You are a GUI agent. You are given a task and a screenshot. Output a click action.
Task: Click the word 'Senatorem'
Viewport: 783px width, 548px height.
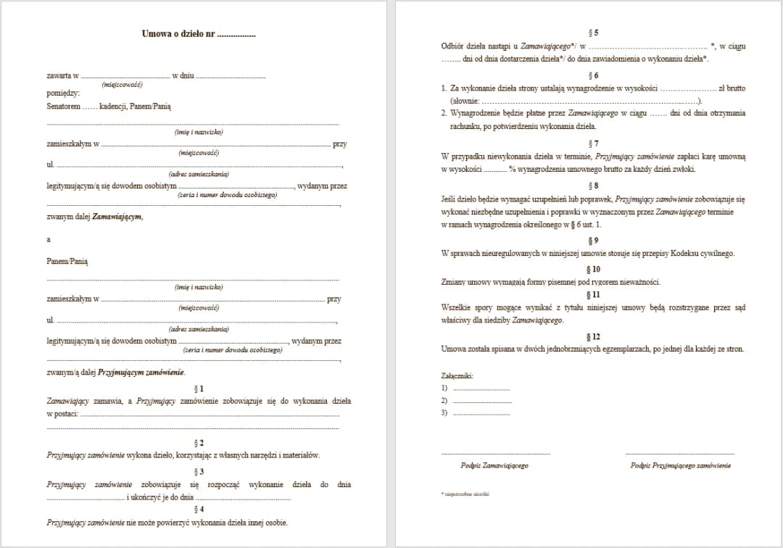64,106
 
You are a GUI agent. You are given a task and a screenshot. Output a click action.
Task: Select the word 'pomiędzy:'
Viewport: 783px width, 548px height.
63,93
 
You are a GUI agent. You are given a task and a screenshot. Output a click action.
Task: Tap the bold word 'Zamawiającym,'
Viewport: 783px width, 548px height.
117,217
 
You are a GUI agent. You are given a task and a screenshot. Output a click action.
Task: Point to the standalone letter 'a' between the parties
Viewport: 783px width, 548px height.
49,239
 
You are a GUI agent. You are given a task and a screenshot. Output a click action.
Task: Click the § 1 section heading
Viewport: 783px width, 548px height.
199,389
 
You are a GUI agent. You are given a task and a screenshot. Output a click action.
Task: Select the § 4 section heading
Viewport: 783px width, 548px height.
199,509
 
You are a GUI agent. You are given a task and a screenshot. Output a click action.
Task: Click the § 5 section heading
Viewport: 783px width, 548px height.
594,33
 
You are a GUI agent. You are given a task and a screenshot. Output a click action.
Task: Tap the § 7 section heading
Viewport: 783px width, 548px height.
594,144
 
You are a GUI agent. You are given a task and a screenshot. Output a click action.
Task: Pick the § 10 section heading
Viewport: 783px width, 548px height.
594,269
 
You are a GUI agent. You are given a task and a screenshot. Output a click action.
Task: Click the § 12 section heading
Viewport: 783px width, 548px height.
594,336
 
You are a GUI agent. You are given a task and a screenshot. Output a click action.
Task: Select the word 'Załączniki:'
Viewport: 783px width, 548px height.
457,376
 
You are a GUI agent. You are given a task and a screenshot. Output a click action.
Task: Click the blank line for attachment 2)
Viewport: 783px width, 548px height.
481,401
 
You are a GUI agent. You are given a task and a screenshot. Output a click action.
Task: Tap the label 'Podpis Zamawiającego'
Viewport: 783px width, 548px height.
494,465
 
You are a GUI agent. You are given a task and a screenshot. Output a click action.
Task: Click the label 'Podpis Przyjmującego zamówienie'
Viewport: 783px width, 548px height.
681,465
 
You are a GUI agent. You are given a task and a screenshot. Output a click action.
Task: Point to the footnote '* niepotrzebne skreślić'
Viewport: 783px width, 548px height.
465,494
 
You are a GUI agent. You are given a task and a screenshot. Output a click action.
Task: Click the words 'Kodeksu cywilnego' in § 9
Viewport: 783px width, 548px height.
704,254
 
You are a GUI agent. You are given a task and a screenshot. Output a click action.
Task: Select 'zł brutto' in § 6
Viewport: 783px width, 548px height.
731,88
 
